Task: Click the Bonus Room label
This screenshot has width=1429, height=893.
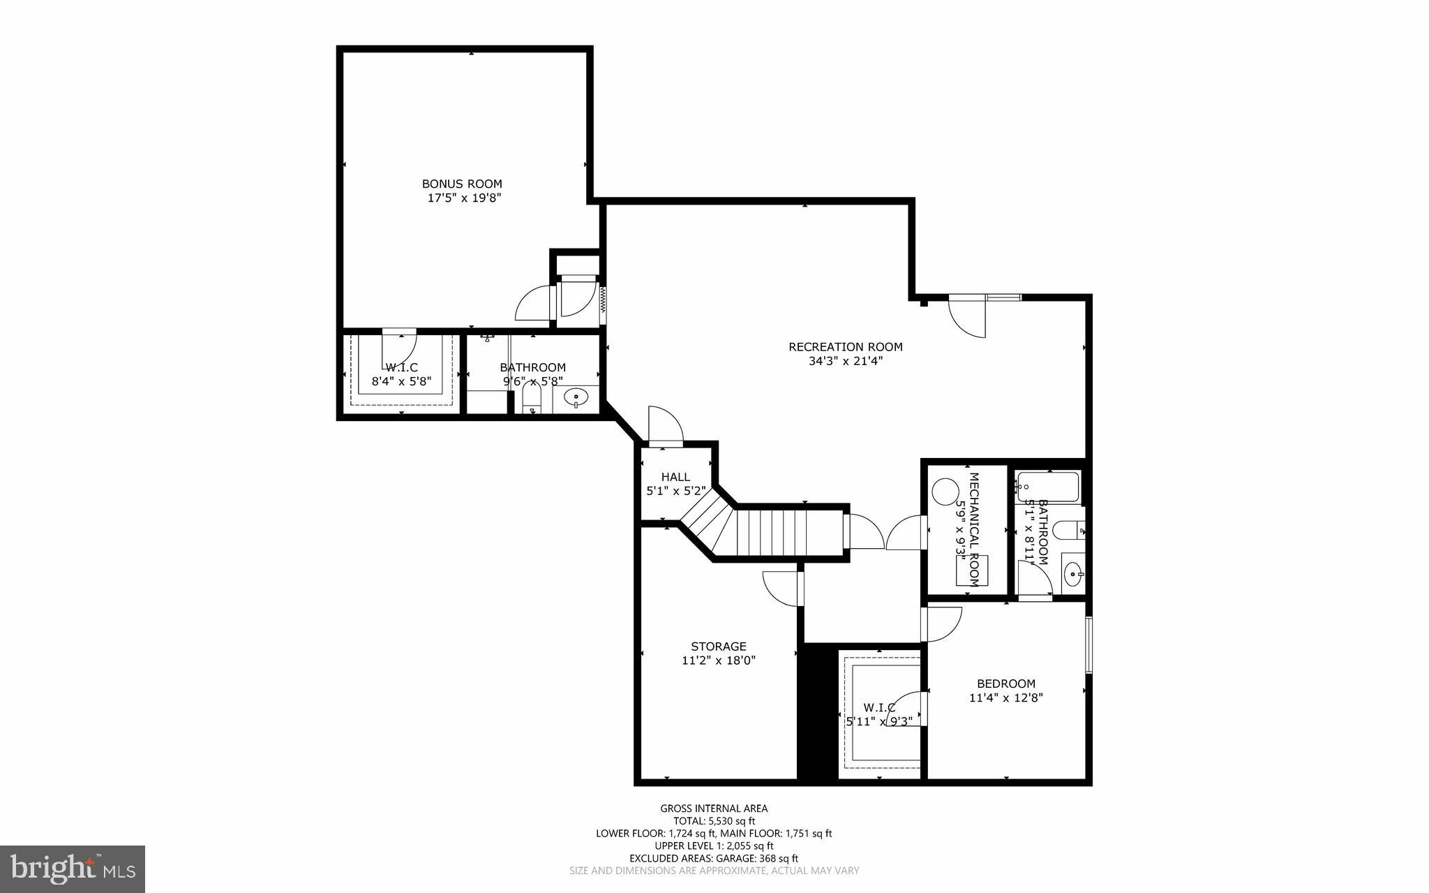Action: point(461,184)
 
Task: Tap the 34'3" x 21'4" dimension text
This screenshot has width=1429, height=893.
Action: point(845,362)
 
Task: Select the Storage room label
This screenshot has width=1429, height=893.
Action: point(718,647)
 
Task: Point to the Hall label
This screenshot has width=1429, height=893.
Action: point(675,477)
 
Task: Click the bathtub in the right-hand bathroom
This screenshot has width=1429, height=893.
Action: point(1048,487)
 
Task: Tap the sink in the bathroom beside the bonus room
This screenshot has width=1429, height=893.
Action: point(576,398)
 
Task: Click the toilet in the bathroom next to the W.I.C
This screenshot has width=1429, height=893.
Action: point(532,401)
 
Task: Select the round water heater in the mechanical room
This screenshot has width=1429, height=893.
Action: point(945,489)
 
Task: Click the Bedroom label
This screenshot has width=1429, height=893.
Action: point(1005,684)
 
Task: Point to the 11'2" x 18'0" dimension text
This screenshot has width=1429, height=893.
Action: point(718,660)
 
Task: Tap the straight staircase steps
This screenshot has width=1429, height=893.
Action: point(788,532)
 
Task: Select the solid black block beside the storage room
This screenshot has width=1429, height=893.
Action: point(817,712)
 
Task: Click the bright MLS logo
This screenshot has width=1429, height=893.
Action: point(73,868)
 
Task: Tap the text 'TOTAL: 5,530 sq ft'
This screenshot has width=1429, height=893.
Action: point(714,821)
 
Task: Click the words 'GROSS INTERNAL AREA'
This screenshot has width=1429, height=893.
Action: point(714,809)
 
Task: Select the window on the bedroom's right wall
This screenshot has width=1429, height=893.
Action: point(1088,644)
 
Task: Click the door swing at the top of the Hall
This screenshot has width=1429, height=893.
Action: point(664,425)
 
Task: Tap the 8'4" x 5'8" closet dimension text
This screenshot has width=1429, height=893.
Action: point(401,381)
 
